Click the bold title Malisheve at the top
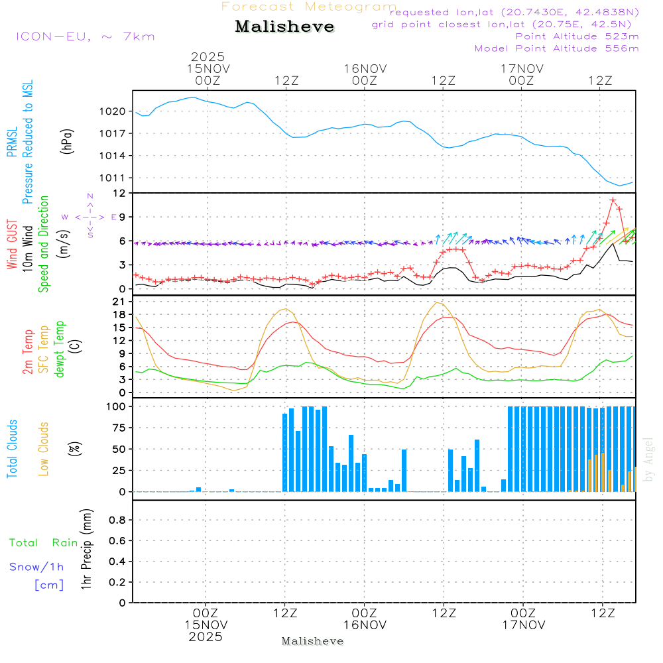pos(285,27)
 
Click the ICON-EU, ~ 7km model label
pos(85,36)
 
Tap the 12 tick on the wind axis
pos(120,193)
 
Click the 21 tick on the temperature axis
pos(120,302)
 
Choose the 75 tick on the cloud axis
pos(120,428)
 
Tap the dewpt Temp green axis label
pos(60,349)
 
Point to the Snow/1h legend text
pos(37,567)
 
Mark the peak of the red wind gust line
pos(613,200)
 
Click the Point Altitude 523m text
pos(577,36)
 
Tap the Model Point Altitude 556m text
pos(556,48)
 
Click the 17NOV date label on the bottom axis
pos(523,625)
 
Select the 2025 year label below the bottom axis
pos(206,636)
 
